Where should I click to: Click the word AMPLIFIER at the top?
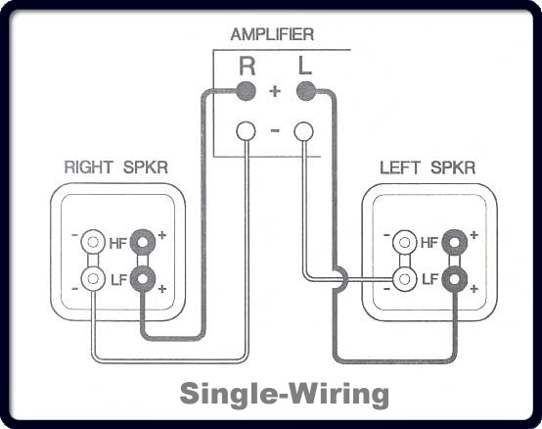(272, 34)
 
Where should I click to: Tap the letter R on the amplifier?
(248, 66)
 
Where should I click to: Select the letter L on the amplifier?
(305, 66)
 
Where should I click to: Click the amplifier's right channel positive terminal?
(247, 91)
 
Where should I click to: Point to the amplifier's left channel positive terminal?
(306, 91)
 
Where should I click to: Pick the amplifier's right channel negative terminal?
(246, 131)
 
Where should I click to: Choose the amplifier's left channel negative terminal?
(304, 131)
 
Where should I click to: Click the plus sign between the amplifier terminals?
(275, 91)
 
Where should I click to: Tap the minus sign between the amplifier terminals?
(275, 130)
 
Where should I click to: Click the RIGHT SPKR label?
(116, 167)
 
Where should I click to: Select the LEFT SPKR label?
(428, 167)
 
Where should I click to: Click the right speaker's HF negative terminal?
(93, 242)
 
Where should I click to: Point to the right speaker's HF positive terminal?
(143, 242)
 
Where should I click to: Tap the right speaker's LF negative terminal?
(93, 279)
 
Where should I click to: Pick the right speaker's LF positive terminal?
(143, 279)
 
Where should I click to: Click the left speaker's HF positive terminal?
(455, 242)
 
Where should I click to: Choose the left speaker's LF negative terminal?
(404, 279)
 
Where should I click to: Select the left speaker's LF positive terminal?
(455, 279)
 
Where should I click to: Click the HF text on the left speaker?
(429, 243)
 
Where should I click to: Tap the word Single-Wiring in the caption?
(285, 395)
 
